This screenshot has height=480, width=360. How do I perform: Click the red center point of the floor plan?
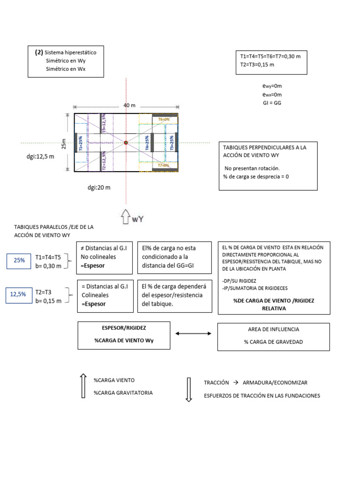point(126,142)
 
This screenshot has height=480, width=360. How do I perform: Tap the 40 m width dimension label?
point(130,105)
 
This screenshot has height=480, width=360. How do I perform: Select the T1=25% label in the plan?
point(81,142)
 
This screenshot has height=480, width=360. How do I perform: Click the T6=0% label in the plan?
point(164,120)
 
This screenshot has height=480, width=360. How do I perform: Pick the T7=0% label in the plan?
point(164,165)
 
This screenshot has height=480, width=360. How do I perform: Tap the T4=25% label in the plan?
point(147,143)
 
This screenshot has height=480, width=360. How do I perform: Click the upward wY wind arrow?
point(126,217)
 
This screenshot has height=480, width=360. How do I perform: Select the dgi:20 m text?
point(99,187)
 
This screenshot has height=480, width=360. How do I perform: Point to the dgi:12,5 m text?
point(40,157)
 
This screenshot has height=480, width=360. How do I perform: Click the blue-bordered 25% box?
point(19,260)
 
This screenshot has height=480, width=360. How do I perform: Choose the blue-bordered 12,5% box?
point(19,295)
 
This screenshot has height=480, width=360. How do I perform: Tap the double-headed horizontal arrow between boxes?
point(193,333)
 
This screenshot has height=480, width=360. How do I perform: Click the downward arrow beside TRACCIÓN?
point(189,389)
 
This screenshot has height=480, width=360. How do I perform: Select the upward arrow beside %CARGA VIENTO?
point(83,386)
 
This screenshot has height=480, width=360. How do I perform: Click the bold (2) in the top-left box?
point(39,52)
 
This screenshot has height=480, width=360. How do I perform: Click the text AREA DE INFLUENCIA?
point(273,329)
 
